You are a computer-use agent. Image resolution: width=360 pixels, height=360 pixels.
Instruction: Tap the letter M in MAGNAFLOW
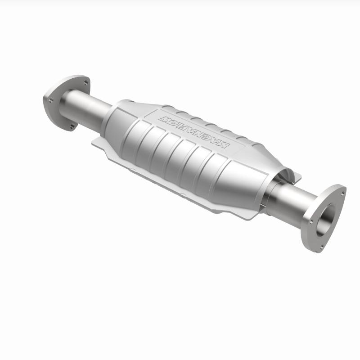point(224,148)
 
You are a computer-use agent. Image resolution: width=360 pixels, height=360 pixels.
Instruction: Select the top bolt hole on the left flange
point(85,82)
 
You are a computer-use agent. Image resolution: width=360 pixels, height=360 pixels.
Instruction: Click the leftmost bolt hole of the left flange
point(50,99)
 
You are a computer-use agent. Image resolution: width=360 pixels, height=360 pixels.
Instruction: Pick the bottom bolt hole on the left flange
point(72,127)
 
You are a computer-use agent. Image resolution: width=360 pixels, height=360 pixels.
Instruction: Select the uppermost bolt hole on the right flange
point(342,194)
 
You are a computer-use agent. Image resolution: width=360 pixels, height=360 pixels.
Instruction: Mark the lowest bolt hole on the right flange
point(320,245)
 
